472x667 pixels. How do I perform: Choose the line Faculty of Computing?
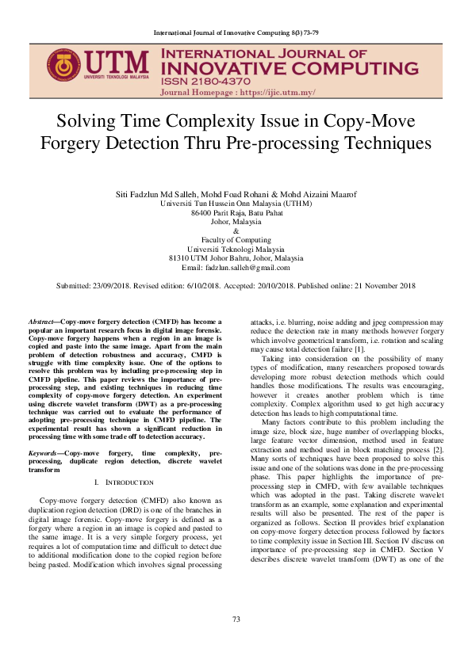(x=236, y=240)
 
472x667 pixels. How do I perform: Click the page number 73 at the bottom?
(x=236, y=641)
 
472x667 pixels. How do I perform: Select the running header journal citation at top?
(x=236, y=32)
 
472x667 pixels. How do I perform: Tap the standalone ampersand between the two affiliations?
(x=236, y=231)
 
